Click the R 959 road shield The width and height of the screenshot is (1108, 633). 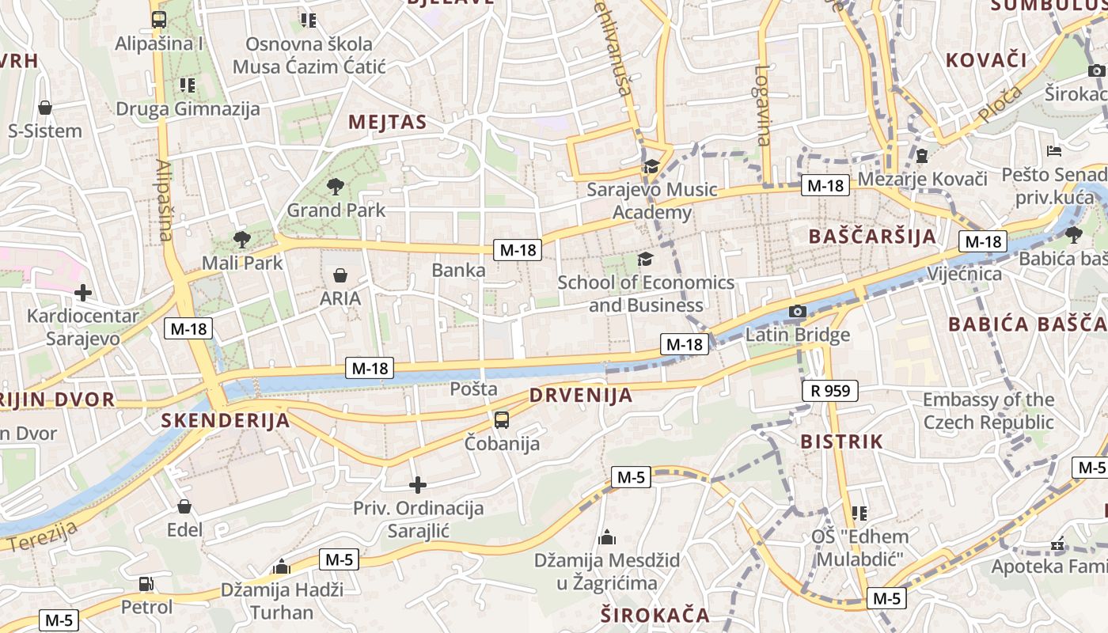point(830,390)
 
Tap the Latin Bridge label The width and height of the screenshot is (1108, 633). point(798,335)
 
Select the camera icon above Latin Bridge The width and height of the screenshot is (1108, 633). point(798,311)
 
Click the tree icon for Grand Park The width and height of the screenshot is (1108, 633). point(336,188)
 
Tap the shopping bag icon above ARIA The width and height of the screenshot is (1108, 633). point(340,275)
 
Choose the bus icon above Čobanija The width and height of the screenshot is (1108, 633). point(502,420)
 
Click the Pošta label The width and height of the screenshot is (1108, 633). point(473,389)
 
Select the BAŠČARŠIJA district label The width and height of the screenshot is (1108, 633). point(873,236)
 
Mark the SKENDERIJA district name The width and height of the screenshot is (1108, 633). point(226,420)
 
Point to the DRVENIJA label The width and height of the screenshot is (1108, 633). point(581,395)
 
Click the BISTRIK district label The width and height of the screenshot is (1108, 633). point(841,442)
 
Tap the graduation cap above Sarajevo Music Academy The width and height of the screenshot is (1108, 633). point(651,166)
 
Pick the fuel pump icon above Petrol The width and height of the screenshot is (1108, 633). point(146,584)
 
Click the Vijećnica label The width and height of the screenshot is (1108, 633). point(964,274)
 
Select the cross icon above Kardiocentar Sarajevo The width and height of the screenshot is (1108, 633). point(83,294)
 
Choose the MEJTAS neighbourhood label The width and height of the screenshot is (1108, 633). point(387,122)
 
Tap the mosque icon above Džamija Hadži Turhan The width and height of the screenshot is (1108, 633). point(281,567)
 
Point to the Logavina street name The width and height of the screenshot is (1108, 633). point(762,105)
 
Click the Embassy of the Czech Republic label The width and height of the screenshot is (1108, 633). point(988,411)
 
